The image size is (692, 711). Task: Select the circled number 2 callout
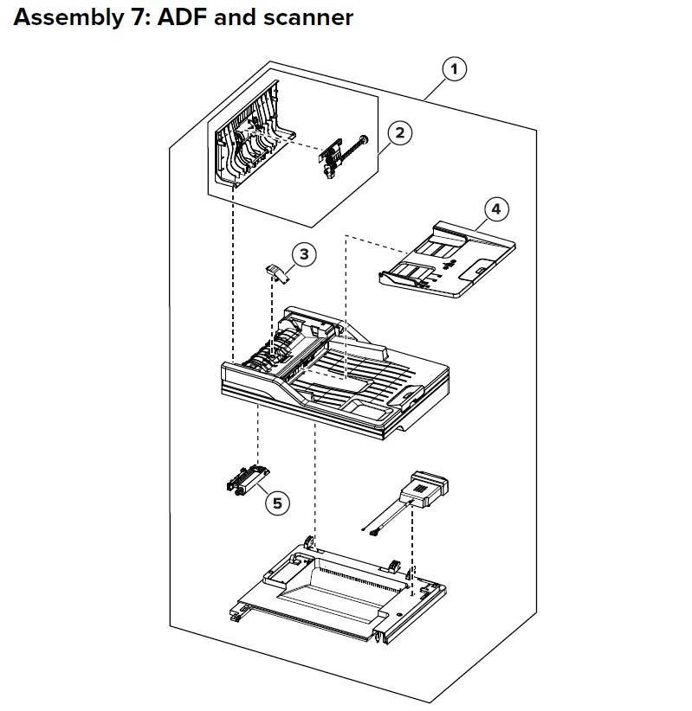point(399,133)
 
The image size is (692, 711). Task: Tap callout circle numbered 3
point(304,253)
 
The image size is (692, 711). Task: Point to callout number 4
point(496,209)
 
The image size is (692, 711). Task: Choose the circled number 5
point(277,503)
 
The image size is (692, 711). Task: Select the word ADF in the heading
point(178,17)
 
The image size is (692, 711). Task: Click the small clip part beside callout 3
point(276,272)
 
